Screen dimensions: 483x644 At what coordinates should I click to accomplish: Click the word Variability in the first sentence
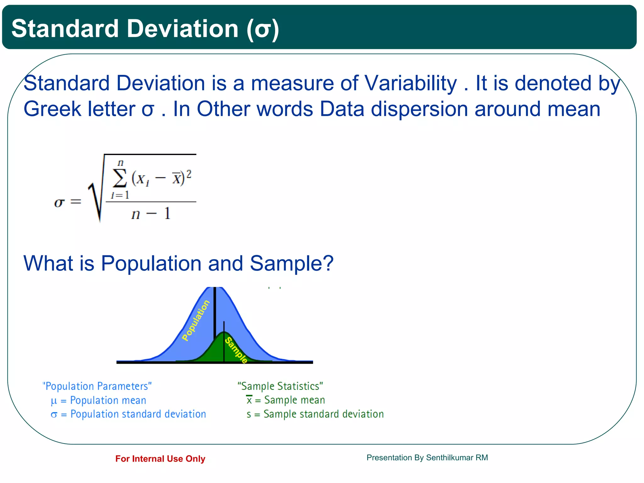(410, 83)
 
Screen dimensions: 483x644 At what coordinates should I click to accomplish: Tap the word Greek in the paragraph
(52, 109)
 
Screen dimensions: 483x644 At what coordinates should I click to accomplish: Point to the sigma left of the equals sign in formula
(59, 202)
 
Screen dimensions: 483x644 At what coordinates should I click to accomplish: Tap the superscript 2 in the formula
(189, 174)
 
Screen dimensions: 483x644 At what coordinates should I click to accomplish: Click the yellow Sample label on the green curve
(236, 350)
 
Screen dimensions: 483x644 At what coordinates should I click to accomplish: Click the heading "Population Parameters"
(97, 386)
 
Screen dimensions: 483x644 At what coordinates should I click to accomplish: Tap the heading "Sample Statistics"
(280, 386)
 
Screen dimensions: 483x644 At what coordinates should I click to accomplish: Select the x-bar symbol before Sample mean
(249, 400)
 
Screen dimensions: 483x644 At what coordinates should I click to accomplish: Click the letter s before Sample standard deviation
(249, 414)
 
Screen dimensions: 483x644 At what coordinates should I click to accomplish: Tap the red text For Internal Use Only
(160, 459)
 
